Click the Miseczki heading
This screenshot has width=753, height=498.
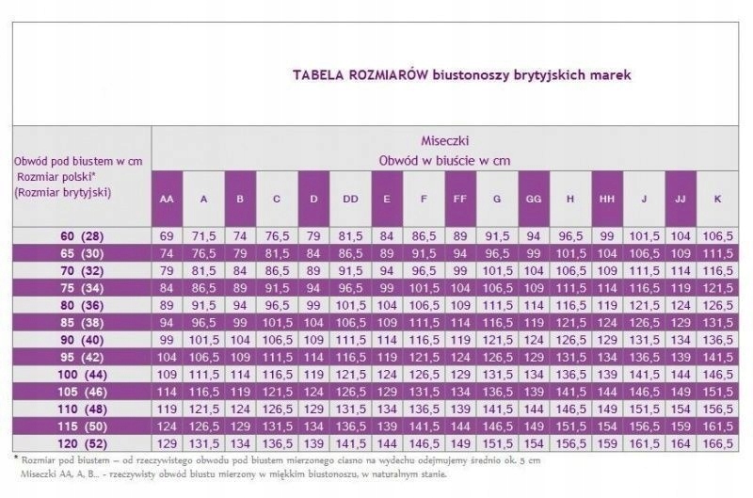pyautogui.click(x=445, y=140)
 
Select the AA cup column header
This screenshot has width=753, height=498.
pyautogui.click(x=167, y=200)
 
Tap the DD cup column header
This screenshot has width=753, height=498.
pyautogui.click(x=350, y=200)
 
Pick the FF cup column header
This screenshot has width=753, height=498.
pyautogui.click(x=460, y=200)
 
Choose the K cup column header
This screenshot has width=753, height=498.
pyautogui.click(x=717, y=200)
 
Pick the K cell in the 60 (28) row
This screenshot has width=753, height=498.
pyautogui.click(x=717, y=234)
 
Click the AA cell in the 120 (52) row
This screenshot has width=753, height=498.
pyautogui.click(x=167, y=442)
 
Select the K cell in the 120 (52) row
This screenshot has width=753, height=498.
pyautogui.click(x=717, y=442)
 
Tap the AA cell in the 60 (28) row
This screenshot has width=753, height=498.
pyautogui.click(x=167, y=234)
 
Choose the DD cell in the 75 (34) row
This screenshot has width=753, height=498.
pyautogui.click(x=350, y=286)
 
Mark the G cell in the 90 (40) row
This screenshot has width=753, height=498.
pyautogui.click(x=497, y=339)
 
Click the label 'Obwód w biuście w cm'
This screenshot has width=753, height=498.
pyautogui.click(x=444, y=160)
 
